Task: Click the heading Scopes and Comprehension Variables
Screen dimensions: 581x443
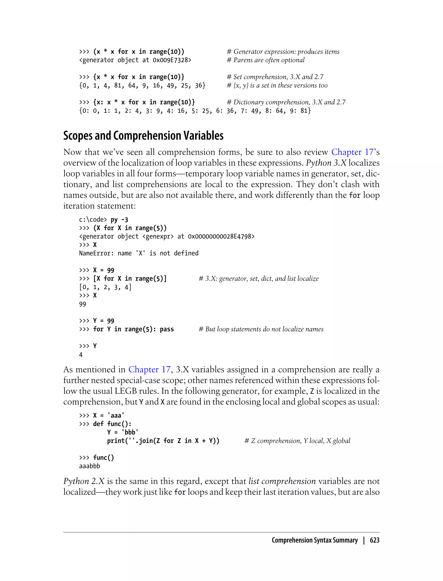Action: tap(143, 136)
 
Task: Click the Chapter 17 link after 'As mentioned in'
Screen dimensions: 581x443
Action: tap(149, 369)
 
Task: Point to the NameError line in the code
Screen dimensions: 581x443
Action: tap(139, 253)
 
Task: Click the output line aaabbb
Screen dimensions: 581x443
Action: tap(90, 466)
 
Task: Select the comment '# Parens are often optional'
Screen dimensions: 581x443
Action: tap(266, 60)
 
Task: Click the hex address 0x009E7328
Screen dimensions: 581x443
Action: tap(172, 60)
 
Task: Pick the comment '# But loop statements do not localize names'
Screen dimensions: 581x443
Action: tap(261, 329)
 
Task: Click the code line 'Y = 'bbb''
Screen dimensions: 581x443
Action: tap(123, 432)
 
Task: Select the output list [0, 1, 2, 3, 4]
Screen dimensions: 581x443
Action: tap(105, 287)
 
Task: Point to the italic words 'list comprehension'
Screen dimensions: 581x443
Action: tap(282, 481)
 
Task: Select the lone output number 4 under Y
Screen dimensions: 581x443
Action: tap(81, 355)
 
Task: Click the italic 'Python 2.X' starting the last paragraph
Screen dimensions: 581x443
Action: tap(84, 481)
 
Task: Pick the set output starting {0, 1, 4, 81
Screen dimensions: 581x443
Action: tap(142, 85)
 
